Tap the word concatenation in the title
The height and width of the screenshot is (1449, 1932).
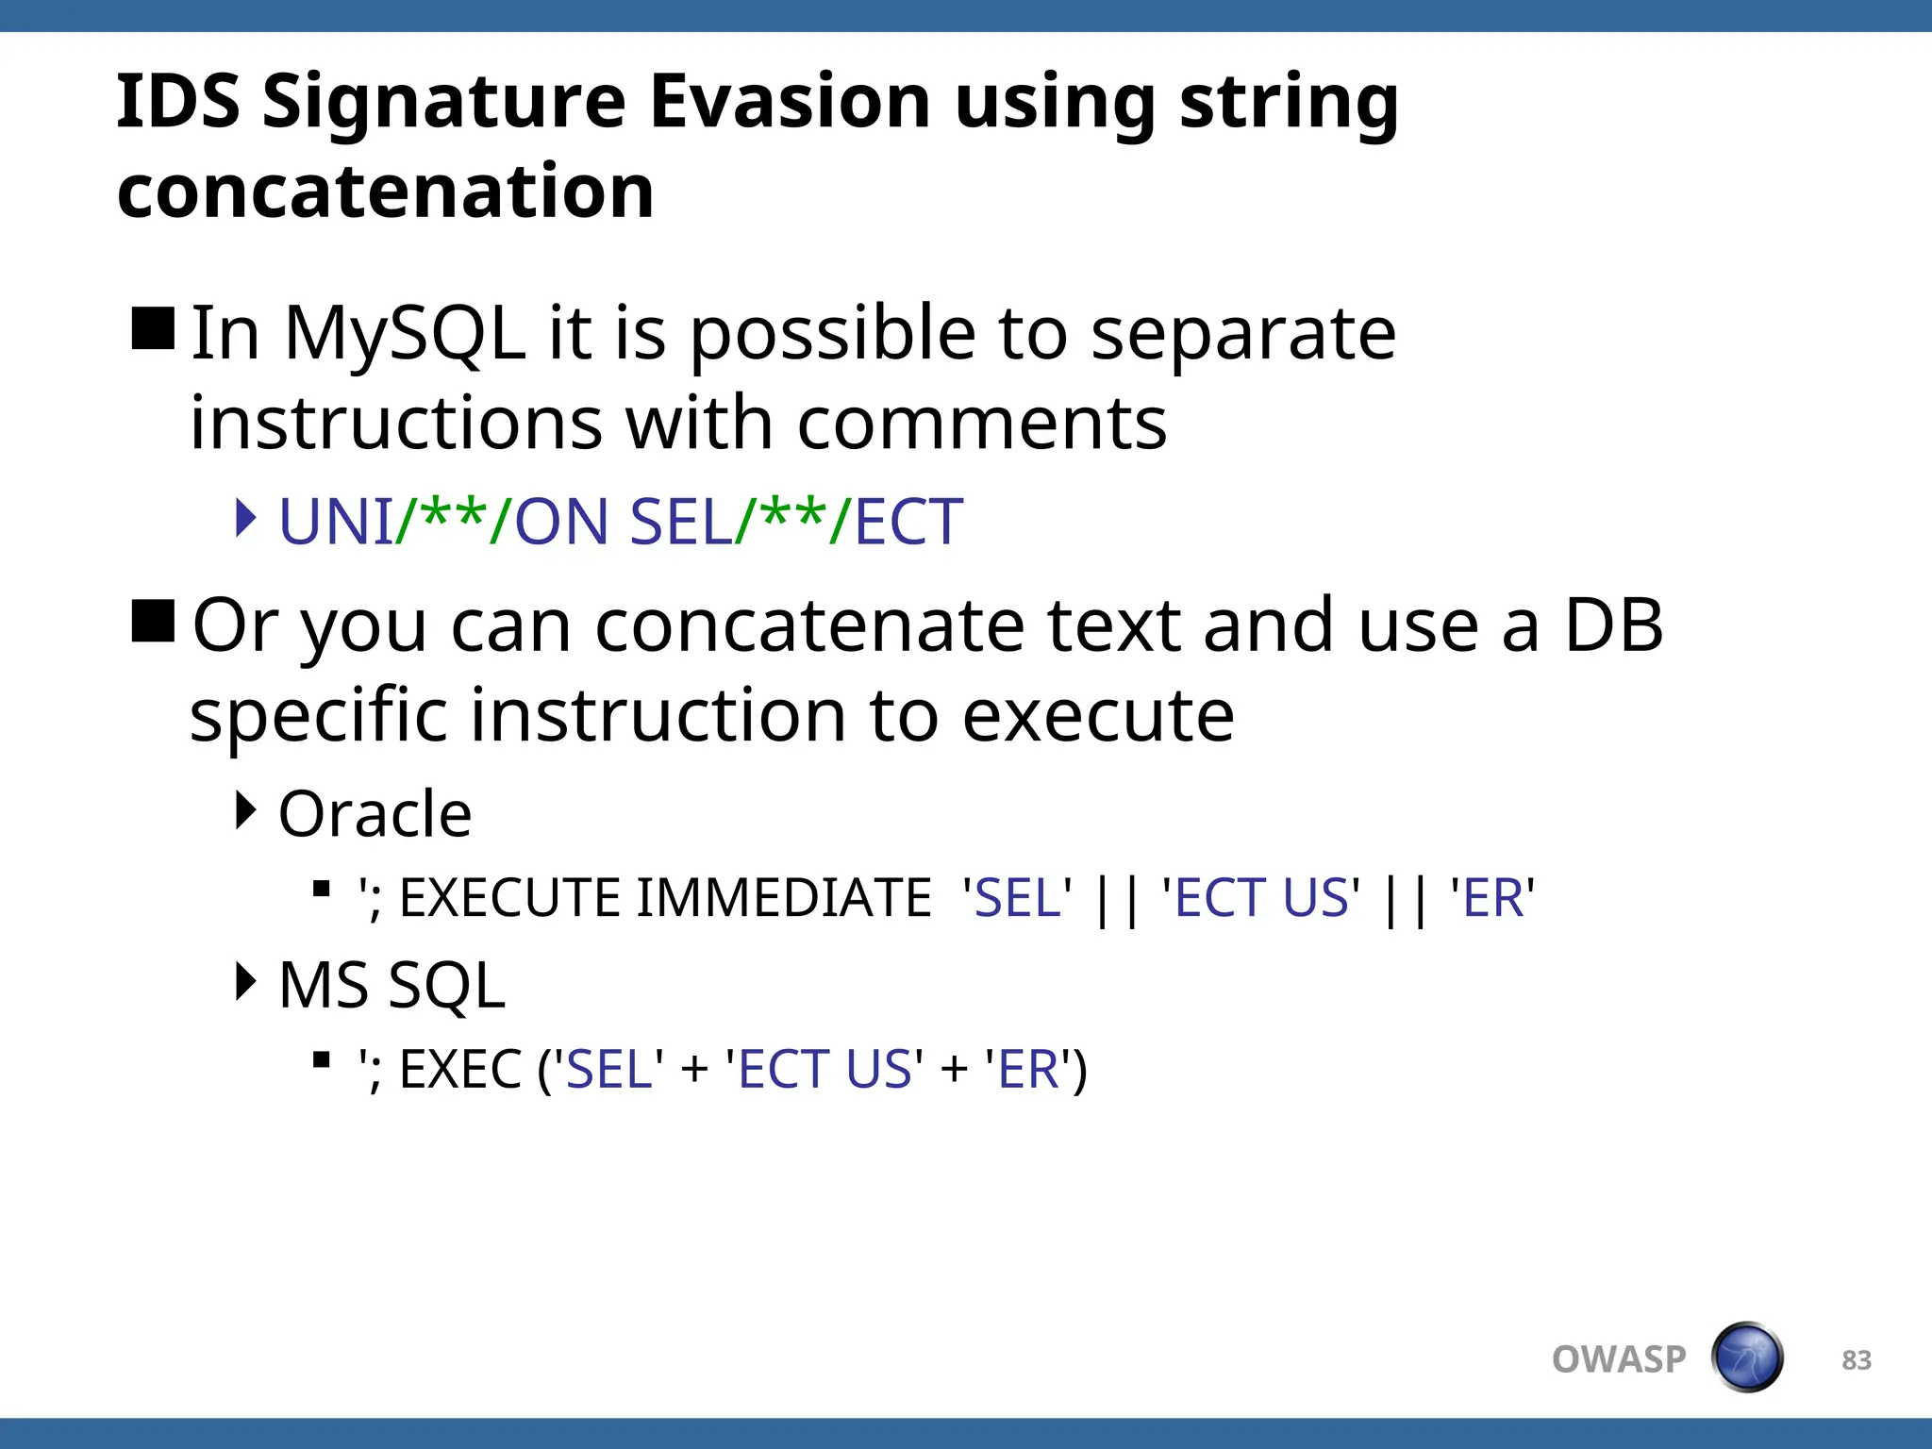[385, 192]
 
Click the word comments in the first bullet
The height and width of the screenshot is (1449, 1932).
[981, 424]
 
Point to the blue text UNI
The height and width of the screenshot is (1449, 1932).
[336, 522]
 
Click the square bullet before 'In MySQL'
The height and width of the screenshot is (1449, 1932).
[153, 329]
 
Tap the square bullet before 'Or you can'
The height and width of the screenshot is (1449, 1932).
[153, 621]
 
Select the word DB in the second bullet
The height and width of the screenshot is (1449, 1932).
[1613, 625]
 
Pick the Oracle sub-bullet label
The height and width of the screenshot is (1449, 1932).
[375, 814]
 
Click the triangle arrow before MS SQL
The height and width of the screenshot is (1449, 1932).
[246, 981]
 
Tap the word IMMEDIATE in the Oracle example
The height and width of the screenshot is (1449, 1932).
[784, 897]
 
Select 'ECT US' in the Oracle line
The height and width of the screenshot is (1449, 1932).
[1261, 897]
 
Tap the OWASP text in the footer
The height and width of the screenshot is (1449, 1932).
[1619, 1359]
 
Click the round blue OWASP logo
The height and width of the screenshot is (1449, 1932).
[1747, 1357]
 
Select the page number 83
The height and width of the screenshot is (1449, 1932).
[1856, 1360]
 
